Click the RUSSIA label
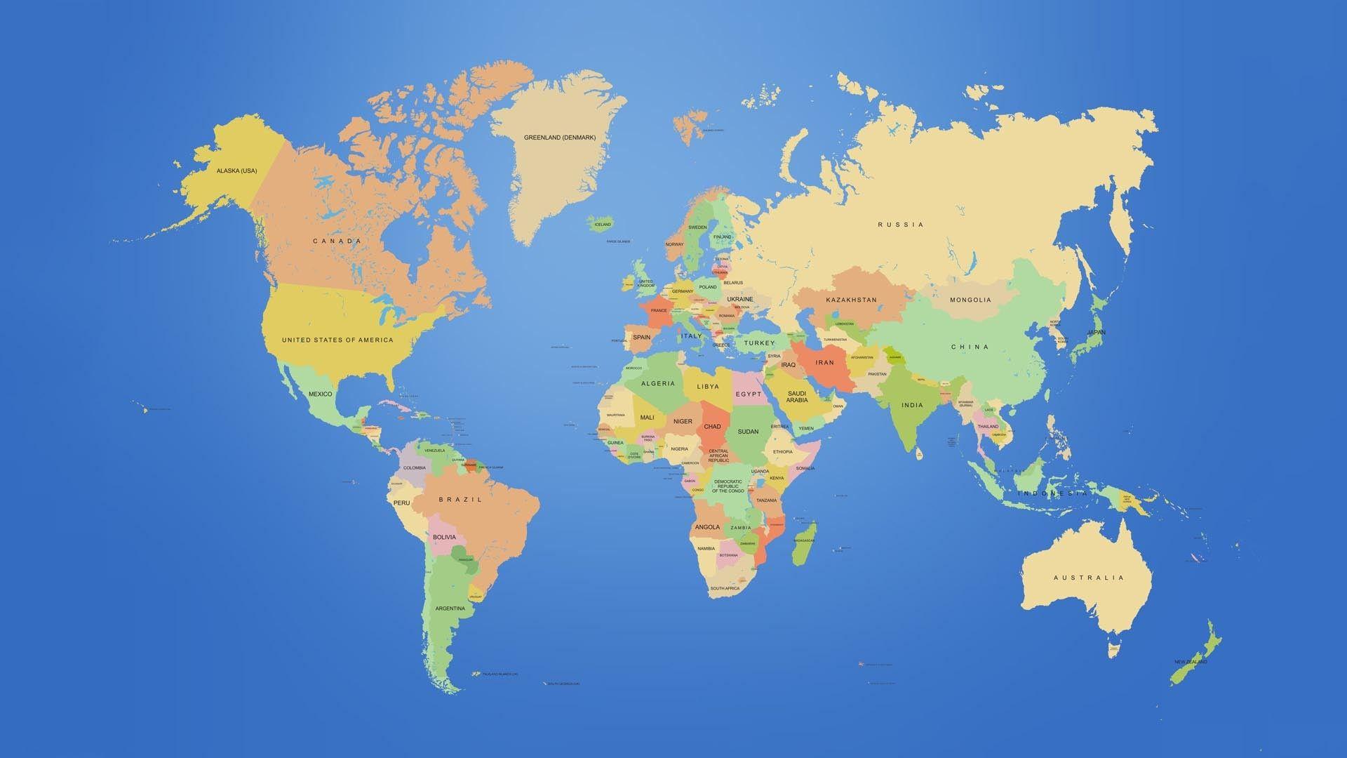[x=901, y=225]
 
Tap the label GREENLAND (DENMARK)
[x=559, y=138]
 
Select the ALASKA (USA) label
[x=236, y=171]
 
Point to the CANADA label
[x=337, y=241]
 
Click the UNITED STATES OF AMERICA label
[x=337, y=340]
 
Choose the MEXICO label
[x=320, y=394]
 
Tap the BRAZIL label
[x=460, y=500]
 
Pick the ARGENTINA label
[x=450, y=608]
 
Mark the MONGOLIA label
[x=970, y=300]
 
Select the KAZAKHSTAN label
[x=851, y=300]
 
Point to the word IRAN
[x=824, y=363]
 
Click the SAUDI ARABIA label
[x=797, y=397]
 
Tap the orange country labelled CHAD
[x=712, y=426]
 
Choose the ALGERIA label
[x=658, y=383]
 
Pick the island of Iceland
[x=603, y=224]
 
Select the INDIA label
[x=912, y=405]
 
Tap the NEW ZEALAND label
[x=1191, y=662]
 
